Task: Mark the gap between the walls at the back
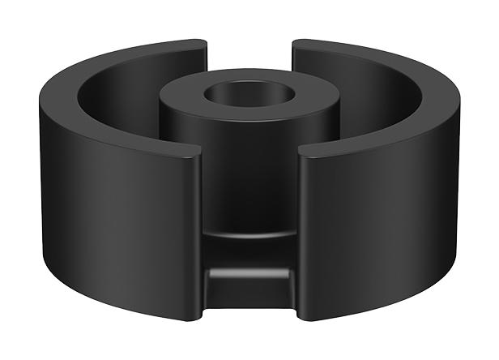pyautogui.click(x=249, y=57)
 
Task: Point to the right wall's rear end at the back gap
pyautogui.click(x=293, y=54)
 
